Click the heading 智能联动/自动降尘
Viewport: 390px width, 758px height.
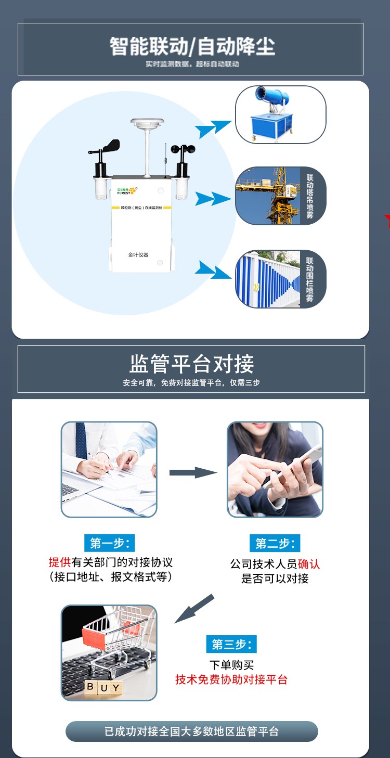point(191,46)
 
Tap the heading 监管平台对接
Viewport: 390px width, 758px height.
point(191,364)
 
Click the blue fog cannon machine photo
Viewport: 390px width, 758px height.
point(280,114)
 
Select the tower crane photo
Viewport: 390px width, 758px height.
point(268,196)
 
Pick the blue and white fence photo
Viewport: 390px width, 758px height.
point(268,279)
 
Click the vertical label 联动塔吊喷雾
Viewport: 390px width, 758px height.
point(310,196)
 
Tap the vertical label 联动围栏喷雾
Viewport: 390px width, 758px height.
point(310,279)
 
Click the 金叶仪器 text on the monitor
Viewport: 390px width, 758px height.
point(138,255)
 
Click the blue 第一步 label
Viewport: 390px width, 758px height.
point(109,543)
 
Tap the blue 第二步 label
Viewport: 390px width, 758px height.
point(275,544)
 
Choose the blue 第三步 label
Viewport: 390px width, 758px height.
point(231,644)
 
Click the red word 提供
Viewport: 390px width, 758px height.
point(60,562)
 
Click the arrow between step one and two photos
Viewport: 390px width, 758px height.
point(192,472)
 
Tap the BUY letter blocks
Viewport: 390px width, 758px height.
point(103,688)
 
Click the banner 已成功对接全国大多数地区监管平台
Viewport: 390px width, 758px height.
point(191,731)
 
